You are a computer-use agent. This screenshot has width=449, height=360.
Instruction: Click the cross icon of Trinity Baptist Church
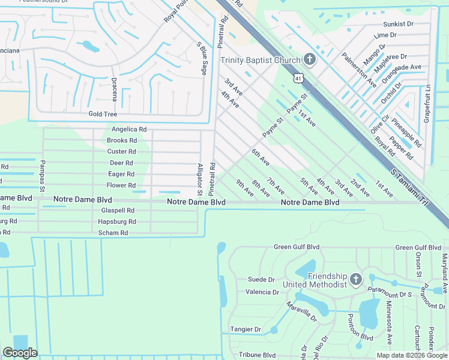(x=309, y=59)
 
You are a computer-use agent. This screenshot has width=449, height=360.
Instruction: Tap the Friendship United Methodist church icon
(x=355, y=280)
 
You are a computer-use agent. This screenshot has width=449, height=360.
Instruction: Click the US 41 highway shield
(x=298, y=78)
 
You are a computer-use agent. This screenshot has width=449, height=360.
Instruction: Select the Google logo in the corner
(x=19, y=353)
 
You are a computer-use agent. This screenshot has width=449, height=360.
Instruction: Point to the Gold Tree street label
(x=102, y=114)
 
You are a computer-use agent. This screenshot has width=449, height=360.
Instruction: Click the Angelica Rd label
(x=129, y=129)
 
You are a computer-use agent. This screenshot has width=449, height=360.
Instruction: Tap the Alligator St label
(x=200, y=179)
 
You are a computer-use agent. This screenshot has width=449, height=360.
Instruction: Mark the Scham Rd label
(x=113, y=233)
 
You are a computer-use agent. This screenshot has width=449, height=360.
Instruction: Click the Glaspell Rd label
(x=118, y=211)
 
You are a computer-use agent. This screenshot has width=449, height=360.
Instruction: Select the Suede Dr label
(x=261, y=280)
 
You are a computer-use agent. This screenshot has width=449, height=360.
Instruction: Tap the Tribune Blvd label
(x=257, y=355)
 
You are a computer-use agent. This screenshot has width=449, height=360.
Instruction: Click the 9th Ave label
(x=245, y=188)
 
